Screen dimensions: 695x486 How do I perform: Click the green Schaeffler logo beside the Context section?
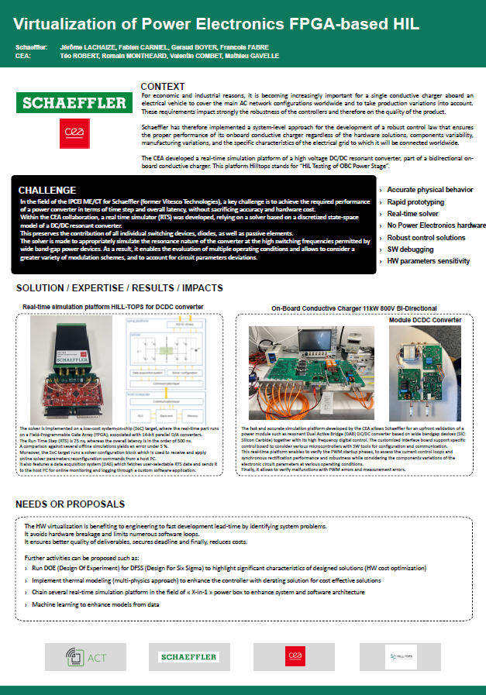[x=74, y=103]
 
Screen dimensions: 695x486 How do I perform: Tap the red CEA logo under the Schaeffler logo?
[x=74, y=132]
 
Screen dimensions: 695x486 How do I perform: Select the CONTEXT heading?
[x=163, y=86]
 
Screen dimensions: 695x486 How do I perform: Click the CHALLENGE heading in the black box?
[x=47, y=190]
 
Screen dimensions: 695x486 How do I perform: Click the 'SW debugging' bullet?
[x=412, y=249]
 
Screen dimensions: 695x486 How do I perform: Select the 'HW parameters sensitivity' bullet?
[x=429, y=261]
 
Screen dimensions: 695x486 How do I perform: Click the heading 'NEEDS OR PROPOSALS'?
[x=70, y=504]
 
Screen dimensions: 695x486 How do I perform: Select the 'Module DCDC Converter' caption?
[x=425, y=319]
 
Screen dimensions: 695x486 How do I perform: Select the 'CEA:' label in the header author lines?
[x=23, y=57]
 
